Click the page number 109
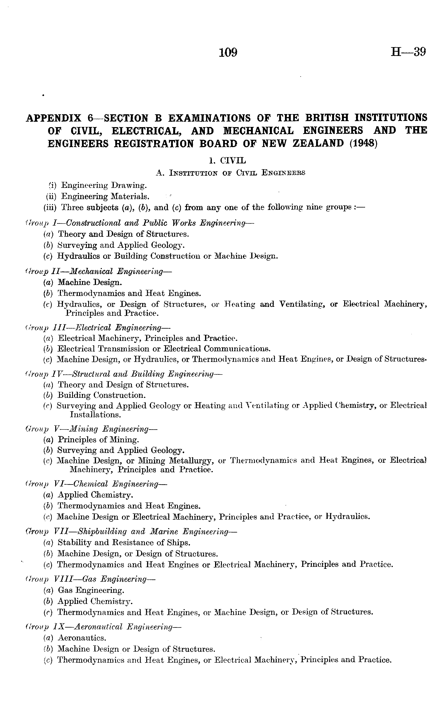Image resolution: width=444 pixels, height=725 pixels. pyautogui.click(x=228, y=52)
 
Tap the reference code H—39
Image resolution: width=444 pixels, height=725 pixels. pyautogui.click(x=408, y=52)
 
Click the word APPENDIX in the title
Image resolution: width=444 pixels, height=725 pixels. pyautogui.click(x=54, y=118)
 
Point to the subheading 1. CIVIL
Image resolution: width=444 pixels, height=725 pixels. pyautogui.click(x=227, y=161)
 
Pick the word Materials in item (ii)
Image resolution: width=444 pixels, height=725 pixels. pyautogui.click(x=130, y=196)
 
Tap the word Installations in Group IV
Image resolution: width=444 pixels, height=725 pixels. pyautogui.click(x=95, y=415)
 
